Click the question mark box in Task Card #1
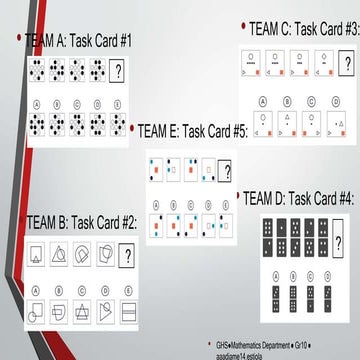[119, 70]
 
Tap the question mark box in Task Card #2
[126, 255]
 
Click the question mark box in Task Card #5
[224, 169]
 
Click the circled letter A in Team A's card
[36, 103]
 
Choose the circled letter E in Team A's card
[119, 103]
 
